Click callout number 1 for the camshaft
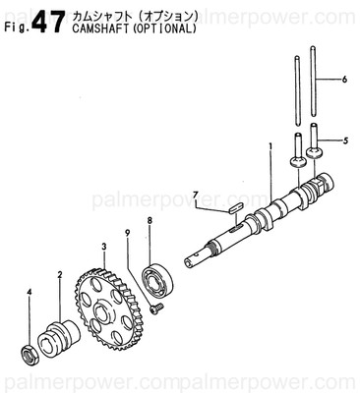point(270,147)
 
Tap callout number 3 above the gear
point(102,246)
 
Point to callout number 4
point(29,292)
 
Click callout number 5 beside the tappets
point(344,140)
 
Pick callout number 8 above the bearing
point(149,221)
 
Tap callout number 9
point(127,232)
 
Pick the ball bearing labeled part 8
point(156,279)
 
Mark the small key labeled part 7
point(234,208)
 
